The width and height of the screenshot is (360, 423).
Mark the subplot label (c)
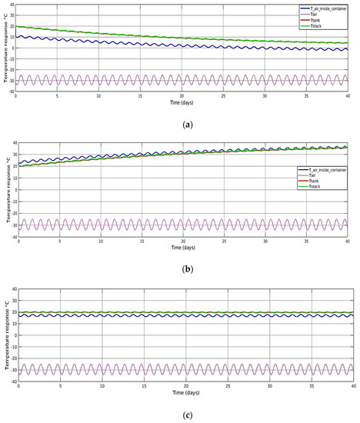179,412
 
